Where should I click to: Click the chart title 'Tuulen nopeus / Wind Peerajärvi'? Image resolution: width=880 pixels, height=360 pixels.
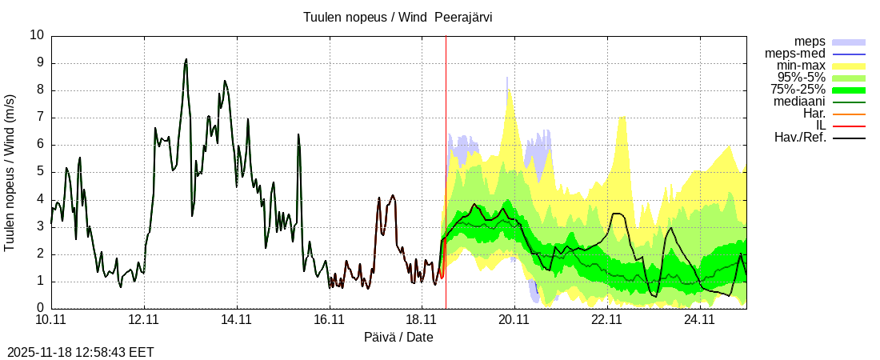(398, 18)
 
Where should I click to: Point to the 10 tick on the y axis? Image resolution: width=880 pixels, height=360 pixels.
(37, 35)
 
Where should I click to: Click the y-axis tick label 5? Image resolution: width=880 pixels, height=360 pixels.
(41, 171)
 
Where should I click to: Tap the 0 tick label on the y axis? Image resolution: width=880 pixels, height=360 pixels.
(41, 308)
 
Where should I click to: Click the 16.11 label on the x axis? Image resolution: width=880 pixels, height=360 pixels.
(329, 320)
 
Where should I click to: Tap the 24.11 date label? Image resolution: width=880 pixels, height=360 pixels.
(699, 320)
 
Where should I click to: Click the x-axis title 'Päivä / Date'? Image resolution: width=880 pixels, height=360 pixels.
(398, 337)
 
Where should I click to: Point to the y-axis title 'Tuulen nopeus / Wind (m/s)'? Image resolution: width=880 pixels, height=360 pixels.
(10, 171)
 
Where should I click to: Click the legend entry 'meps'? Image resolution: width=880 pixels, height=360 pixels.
(810, 42)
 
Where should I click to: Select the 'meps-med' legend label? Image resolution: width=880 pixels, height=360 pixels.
(796, 54)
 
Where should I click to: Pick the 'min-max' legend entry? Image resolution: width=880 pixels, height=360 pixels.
(800, 66)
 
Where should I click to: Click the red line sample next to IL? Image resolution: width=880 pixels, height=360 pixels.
(849, 126)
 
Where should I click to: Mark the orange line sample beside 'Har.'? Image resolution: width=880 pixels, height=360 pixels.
(849, 114)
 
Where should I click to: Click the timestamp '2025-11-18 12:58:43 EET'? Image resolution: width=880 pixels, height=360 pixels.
(81, 352)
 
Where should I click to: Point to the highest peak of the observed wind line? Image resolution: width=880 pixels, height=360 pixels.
(186, 59)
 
